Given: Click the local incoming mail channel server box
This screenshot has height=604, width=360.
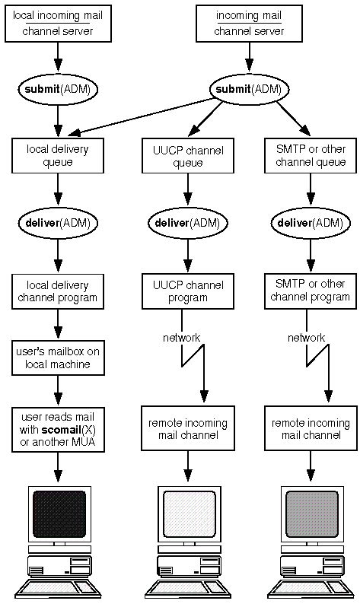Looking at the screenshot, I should tap(58, 23).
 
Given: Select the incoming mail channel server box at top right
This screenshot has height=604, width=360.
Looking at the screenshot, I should tap(246, 23).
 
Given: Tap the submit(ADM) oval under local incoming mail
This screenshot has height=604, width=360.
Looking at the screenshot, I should tap(58, 89).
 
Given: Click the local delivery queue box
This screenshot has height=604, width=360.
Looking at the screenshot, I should tap(58, 155).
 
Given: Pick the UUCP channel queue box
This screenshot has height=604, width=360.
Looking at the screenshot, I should tap(183, 156).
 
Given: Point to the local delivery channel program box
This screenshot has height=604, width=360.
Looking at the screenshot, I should tap(58, 291).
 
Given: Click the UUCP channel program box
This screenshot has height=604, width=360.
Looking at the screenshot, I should tap(183, 291).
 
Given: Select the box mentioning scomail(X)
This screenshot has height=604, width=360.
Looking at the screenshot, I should tap(58, 428).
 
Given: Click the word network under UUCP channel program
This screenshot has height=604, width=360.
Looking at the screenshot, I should tap(182, 337).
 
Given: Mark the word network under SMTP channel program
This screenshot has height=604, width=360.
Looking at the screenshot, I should tap(307, 337).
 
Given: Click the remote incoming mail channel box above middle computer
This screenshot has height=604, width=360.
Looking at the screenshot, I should tap(183, 429).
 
